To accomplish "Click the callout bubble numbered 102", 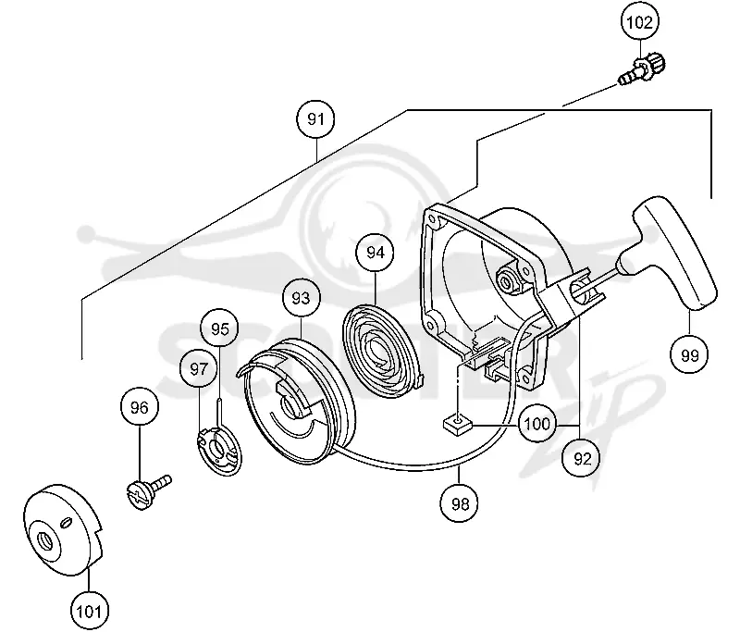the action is (x=640, y=22).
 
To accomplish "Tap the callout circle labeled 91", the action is (x=315, y=119).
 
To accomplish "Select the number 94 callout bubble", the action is (x=376, y=253).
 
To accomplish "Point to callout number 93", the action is (x=302, y=298).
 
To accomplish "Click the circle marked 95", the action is (x=220, y=328).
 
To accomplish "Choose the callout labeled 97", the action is (x=199, y=368).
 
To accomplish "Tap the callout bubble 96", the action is (x=140, y=407).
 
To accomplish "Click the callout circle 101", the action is (x=89, y=612).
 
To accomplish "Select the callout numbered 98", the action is (x=459, y=503).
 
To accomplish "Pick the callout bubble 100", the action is (x=537, y=423).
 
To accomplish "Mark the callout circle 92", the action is (x=582, y=458).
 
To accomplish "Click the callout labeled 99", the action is (x=689, y=354).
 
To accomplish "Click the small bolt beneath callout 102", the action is (x=641, y=69).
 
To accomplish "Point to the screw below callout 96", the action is (x=149, y=491).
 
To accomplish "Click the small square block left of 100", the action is (x=458, y=423).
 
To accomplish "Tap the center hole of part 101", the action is (x=44, y=541).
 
